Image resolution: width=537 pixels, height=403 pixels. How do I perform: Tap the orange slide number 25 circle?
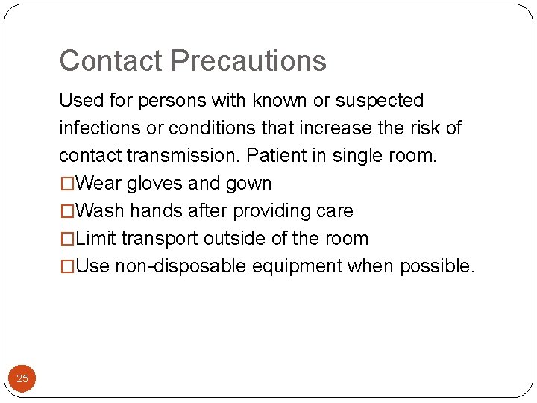(x=22, y=378)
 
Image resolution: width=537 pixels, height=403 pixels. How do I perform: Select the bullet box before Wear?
(x=67, y=183)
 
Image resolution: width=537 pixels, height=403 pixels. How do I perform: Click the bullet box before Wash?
(x=67, y=210)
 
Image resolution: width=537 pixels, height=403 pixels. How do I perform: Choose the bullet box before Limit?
(x=67, y=238)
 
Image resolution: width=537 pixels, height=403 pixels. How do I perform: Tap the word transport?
(x=159, y=239)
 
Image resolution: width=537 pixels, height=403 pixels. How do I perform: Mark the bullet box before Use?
(x=67, y=266)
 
